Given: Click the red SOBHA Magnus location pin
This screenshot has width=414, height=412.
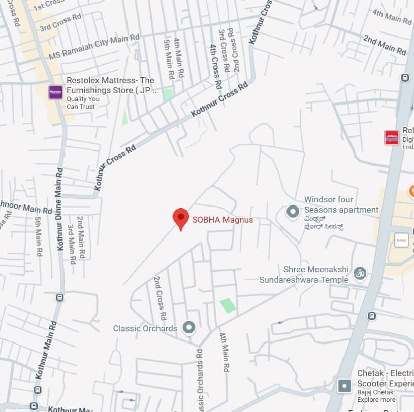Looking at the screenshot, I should click(181, 218).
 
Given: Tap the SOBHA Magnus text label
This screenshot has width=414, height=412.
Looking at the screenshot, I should click(222, 220).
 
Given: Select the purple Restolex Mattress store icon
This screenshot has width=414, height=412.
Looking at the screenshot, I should click(55, 92).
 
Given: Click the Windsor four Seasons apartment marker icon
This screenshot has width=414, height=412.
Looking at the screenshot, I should click(293, 211).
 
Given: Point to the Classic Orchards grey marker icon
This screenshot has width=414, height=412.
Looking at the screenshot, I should click(189, 328).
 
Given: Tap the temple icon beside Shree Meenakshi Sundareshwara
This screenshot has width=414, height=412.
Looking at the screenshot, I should click(360, 273).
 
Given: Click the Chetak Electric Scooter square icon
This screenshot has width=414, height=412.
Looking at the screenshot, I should click(344, 386).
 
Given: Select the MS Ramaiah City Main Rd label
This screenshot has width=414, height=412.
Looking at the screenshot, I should click(94, 47).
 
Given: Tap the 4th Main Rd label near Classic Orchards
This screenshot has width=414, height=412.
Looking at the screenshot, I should click(225, 352).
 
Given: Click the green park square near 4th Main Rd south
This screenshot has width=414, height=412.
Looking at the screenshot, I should click(228, 305).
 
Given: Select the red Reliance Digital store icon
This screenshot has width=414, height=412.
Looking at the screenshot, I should click(392, 138).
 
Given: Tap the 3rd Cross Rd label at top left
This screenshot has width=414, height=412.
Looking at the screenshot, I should click(60, 22).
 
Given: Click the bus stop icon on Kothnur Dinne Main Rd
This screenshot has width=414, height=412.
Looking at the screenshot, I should click(59, 298).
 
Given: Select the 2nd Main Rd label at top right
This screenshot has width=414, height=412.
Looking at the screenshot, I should click(385, 45).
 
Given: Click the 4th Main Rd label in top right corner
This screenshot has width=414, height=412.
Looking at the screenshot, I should click(392, 17).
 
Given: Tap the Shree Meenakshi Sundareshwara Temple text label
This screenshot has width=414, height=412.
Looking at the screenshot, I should click(304, 274).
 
